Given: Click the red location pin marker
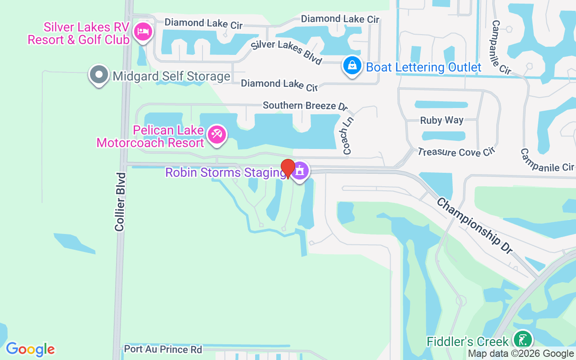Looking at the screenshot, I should (288, 169).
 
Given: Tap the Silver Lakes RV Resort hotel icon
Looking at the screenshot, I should (143, 31).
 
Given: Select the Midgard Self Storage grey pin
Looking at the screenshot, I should (99, 75).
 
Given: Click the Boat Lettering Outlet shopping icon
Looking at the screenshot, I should (352, 66).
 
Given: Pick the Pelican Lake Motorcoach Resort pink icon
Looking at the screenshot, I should (217, 134).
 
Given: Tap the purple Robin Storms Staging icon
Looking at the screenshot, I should (300, 171).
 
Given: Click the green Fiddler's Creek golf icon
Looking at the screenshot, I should (522, 340).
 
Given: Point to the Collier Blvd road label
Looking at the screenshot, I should (120, 202).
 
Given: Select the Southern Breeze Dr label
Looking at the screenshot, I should (305, 106).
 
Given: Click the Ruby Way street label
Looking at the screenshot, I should (441, 120).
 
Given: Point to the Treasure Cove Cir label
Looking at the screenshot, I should (456, 152).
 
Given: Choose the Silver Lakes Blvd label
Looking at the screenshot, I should (287, 52).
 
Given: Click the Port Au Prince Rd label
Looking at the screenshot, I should (163, 349).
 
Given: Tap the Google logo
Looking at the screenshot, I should (30, 349).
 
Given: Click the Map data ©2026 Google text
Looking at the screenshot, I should (521, 354).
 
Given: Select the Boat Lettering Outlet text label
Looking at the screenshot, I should (423, 67).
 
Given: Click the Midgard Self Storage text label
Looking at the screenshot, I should (171, 76).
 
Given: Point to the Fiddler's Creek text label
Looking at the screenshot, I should (468, 342).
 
